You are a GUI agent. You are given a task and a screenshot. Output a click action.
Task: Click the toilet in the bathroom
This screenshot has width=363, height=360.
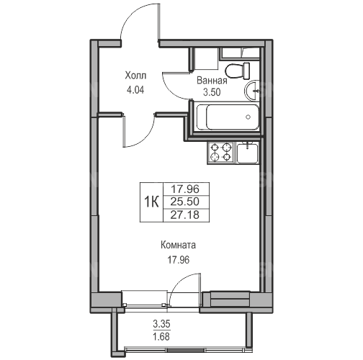(238, 71)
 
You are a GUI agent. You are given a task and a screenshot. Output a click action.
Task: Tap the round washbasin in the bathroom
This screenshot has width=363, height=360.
(251, 91)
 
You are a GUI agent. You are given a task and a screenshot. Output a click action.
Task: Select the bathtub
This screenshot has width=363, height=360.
(228, 117)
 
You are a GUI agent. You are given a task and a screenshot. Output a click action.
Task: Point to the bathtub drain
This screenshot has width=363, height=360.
(248, 117)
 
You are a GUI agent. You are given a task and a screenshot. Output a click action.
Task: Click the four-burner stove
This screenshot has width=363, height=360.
(220, 152)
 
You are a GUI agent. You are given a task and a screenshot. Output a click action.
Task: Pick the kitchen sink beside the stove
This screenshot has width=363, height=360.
(247, 153)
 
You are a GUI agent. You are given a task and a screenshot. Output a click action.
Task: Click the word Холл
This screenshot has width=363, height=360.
(135, 76)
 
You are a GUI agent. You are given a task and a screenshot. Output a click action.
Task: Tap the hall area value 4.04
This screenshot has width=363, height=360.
(135, 90)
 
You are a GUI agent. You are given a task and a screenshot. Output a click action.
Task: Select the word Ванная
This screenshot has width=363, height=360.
(212, 81)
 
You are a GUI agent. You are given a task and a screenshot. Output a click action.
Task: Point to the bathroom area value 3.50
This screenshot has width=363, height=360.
(212, 92)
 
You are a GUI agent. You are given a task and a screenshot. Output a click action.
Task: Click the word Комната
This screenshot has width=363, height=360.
(178, 246)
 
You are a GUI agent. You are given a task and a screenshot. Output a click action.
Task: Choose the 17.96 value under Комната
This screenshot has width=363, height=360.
(178, 260)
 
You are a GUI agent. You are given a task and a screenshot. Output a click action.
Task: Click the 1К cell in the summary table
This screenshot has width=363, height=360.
(151, 202)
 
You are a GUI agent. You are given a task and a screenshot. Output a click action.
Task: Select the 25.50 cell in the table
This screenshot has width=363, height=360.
(186, 202)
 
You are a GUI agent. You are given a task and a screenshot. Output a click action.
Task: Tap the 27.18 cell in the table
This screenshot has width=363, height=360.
(186, 215)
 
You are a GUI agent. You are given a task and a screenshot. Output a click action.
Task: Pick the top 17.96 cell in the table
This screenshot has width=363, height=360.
(186, 189)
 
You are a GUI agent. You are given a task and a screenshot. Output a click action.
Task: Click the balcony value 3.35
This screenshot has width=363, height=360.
(161, 324)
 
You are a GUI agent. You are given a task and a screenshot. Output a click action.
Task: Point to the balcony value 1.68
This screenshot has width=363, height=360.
(161, 337)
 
